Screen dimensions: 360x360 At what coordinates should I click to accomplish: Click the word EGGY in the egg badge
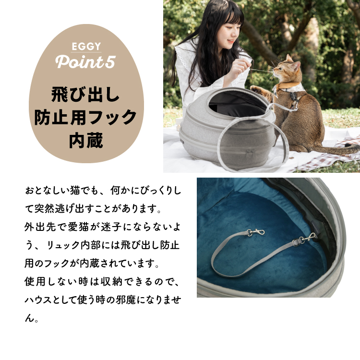86,46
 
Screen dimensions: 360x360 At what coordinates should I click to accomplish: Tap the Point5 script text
85,62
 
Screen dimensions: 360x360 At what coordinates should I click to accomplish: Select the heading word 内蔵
86,140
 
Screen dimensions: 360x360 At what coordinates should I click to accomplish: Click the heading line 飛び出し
85,94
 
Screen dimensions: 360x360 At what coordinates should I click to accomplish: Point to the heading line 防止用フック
85,117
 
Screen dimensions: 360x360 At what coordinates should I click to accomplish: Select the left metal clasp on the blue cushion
255,232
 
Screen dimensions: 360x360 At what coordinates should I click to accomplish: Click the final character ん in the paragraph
29,318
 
